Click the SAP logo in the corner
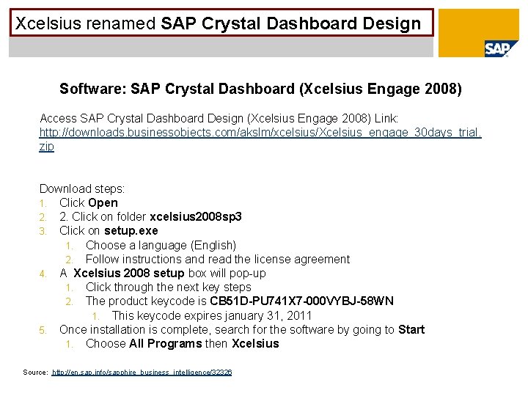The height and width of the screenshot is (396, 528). [496, 49]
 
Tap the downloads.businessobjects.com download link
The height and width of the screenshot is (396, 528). [260, 132]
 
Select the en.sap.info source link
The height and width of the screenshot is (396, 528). [142, 373]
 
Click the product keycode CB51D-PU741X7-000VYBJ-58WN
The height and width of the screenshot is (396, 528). [301, 301]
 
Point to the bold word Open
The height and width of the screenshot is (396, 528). [103, 202]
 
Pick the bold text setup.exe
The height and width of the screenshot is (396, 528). [131, 231]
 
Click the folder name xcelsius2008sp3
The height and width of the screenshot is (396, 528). [196, 217]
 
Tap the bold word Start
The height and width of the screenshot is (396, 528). [411, 330]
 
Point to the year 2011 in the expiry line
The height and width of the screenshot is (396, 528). [299, 316]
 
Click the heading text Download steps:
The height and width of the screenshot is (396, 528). [82, 188]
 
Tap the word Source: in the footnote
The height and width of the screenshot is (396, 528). [36, 373]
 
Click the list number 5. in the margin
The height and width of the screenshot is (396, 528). [43, 330]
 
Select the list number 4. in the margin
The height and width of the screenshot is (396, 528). [43, 274]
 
